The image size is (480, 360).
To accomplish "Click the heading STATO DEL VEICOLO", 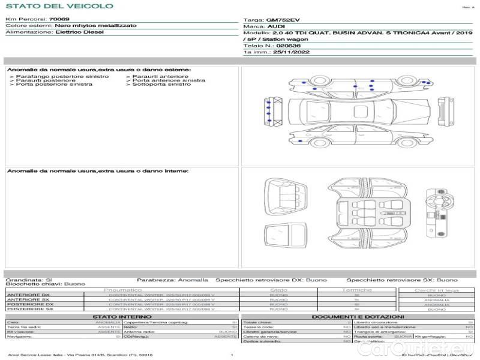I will [59, 6].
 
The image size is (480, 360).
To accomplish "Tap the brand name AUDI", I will [277, 27].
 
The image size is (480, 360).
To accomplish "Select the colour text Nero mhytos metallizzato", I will [95, 26].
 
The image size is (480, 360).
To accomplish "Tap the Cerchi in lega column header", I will [436, 290].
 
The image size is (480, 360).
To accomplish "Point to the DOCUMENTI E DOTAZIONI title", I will [358, 316].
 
